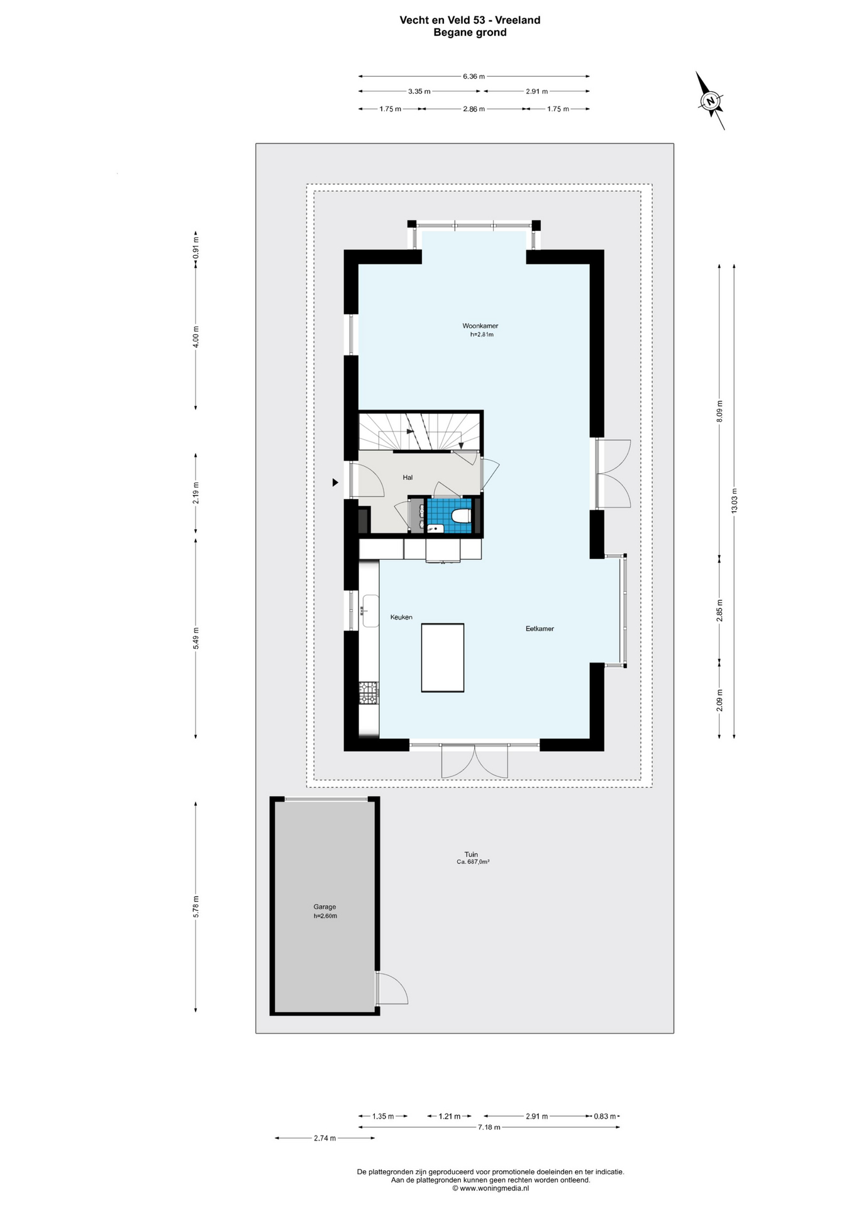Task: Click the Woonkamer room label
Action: tap(480, 326)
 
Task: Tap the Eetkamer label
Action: tap(540, 629)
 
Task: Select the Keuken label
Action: tap(401, 617)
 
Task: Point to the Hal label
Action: tap(408, 478)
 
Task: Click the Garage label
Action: tap(324, 907)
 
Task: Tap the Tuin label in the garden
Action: tap(471, 854)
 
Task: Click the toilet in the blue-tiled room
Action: tap(461, 516)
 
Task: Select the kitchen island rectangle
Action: tap(443, 657)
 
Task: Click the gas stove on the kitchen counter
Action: tap(369, 693)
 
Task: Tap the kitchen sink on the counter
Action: tap(370, 611)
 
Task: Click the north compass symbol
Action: tap(711, 101)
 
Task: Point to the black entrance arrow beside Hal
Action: tap(335, 483)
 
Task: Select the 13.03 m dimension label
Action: tap(734, 501)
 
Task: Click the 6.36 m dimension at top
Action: tap(474, 76)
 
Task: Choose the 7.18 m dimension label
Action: tap(489, 1127)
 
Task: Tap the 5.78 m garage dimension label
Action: tap(196, 907)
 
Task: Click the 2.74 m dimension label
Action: tap(324, 1138)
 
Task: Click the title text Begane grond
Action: tap(470, 33)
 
